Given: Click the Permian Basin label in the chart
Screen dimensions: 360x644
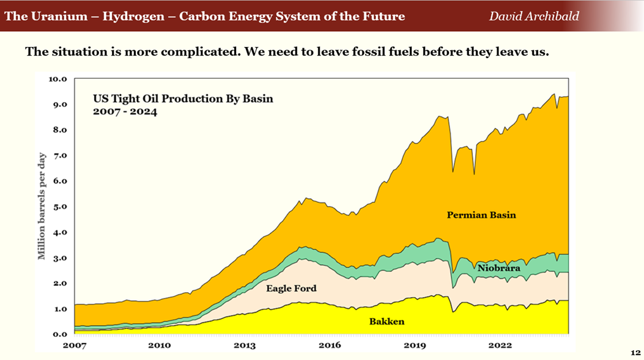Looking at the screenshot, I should pyautogui.click(x=481, y=215).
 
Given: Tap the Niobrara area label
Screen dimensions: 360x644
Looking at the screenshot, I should pyautogui.click(x=498, y=268).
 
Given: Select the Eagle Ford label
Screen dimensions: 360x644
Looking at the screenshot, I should pyautogui.click(x=291, y=287).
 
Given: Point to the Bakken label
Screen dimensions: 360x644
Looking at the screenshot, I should pyautogui.click(x=387, y=321).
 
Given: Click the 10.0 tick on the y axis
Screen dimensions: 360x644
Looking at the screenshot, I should pyautogui.click(x=57, y=79).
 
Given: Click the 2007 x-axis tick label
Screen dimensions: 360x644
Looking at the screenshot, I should pyautogui.click(x=75, y=345).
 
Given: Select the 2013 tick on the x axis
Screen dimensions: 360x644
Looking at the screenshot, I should pyautogui.click(x=245, y=345).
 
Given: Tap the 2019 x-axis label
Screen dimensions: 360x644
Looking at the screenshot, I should pyautogui.click(x=415, y=345).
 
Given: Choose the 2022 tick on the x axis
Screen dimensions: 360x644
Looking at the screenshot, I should pyautogui.click(x=500, y=345).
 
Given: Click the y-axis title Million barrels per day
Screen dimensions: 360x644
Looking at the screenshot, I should pyautogui.click(x=42, y=207).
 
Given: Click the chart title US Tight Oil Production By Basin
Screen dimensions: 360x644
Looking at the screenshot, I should pyautogui.click(x=183, y=98).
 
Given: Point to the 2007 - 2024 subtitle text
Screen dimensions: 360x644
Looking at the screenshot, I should pyautogui.click(x=125, y=112).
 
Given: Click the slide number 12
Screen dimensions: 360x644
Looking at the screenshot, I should pyautogui.click(x=635, y=353).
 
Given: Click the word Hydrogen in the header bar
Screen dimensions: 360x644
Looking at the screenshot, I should pyautogui.click(x=133, y=16).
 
